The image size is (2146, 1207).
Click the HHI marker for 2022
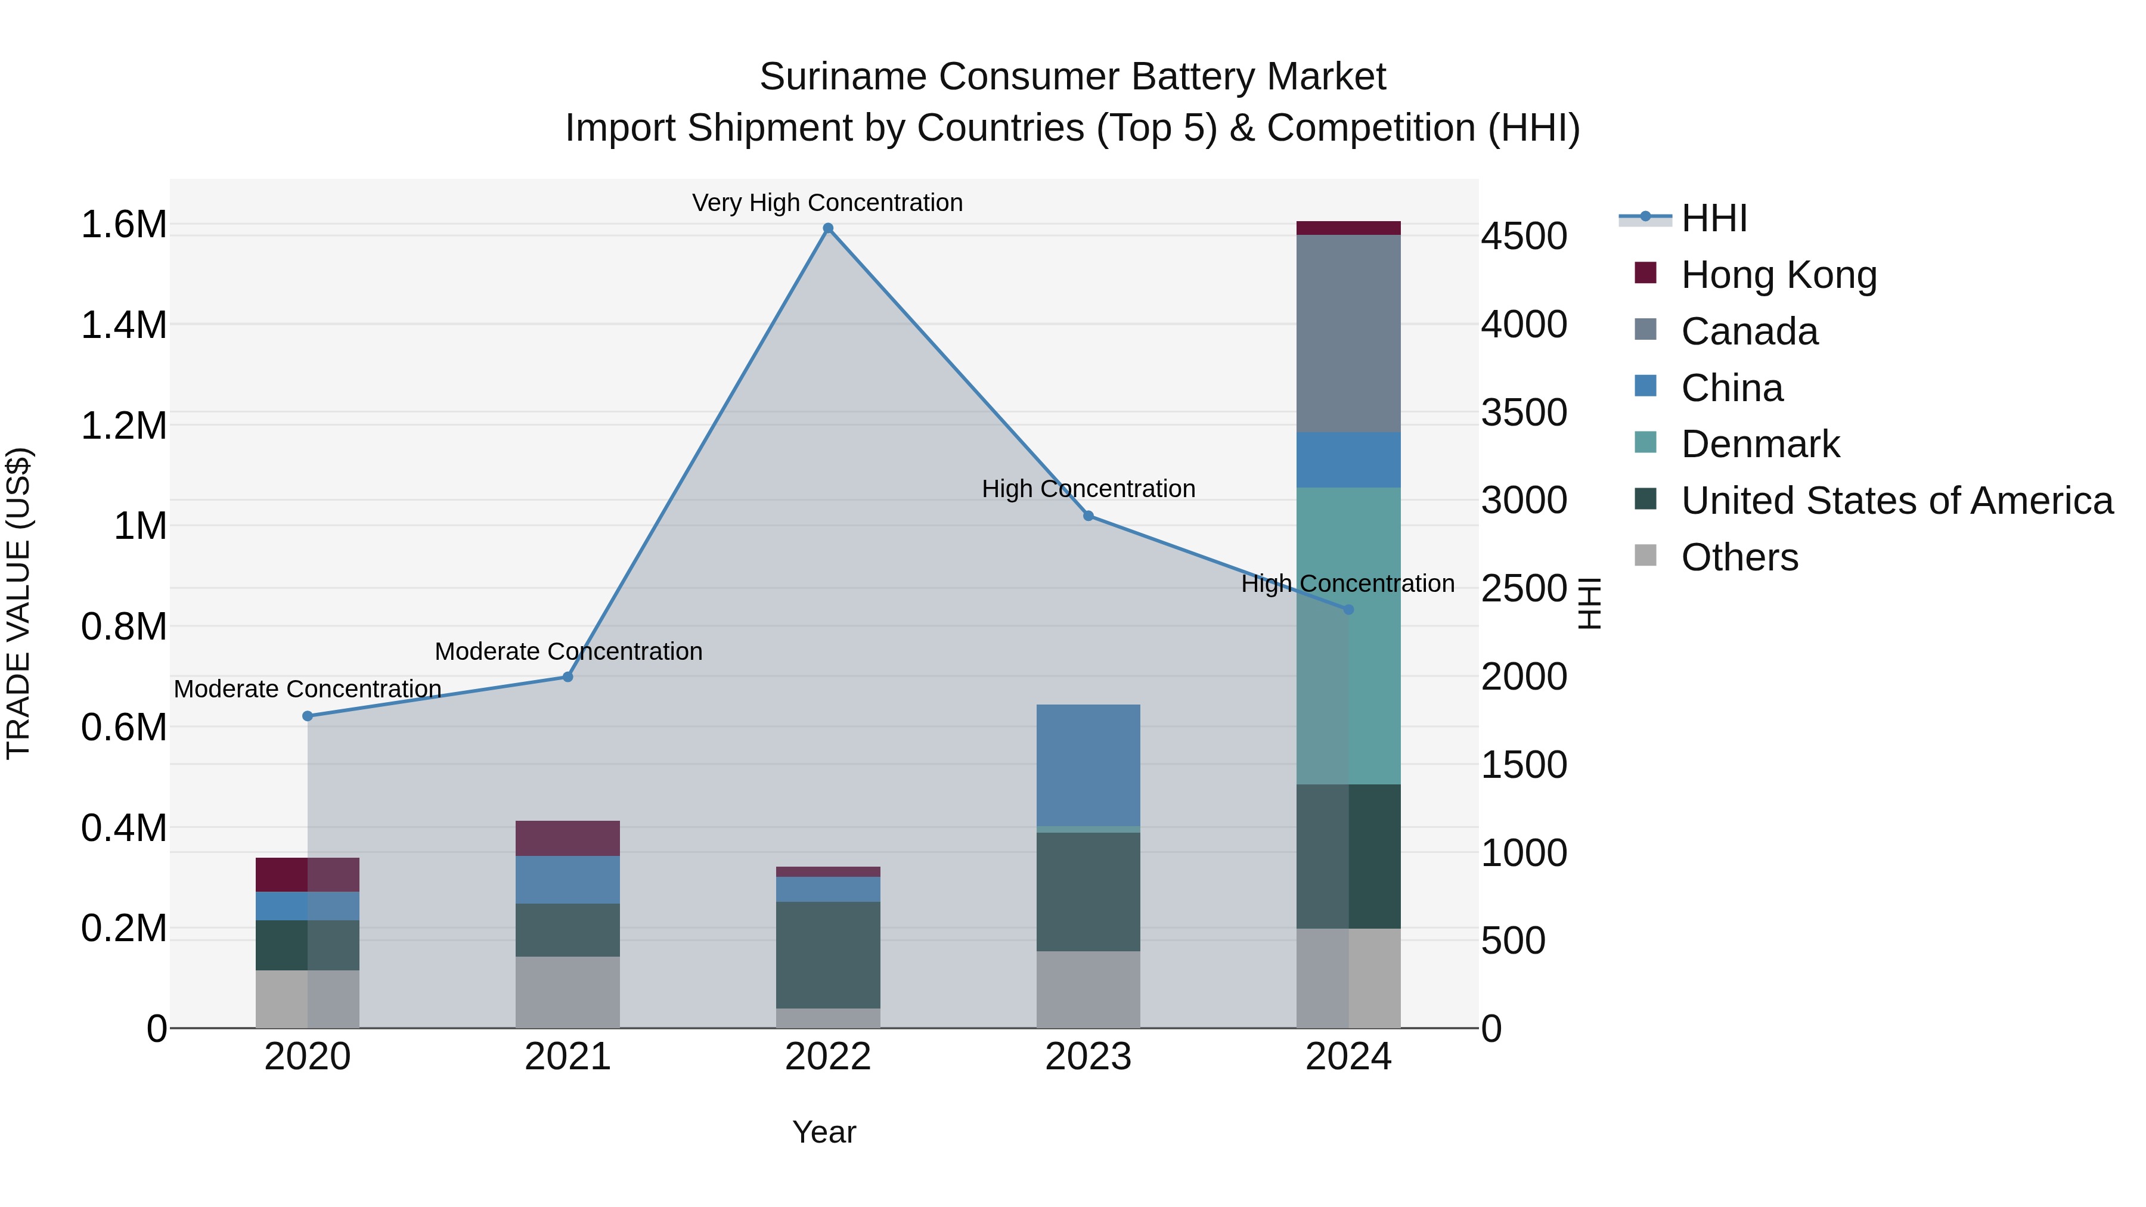(827, 228)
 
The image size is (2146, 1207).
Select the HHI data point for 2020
(308, 715)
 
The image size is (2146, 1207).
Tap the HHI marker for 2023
(1088, 516)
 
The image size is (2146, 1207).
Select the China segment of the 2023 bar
(1088, 765)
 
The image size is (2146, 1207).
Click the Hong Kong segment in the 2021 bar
(567, 838)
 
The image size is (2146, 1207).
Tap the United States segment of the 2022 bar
(827, 955)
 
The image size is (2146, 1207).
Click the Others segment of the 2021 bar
(567, 991)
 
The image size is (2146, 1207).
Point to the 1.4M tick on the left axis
(124, 325)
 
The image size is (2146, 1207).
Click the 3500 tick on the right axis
(1524, 412)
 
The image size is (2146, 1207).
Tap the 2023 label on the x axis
(1088, 1057)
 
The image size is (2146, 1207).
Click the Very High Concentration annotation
(827, 203)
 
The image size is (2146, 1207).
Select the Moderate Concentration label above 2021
(568, 651)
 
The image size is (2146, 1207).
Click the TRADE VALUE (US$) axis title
(18, 603)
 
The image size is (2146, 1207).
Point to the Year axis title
(824, 1132)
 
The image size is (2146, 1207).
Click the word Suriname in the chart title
(842, 77)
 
